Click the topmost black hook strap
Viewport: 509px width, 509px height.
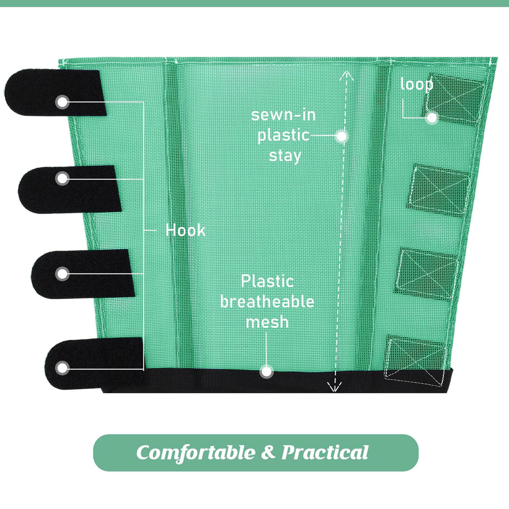pyautogui.click(x=56, y=92)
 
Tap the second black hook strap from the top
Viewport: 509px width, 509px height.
pyautogui.click(x=70, y=189)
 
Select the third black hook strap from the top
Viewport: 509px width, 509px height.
pyautogui.click(x=83, y=274)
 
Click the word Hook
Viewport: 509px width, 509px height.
pyautogui.click(x=185, y=230)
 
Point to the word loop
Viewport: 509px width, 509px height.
pyautogui.click(x=417, y=84)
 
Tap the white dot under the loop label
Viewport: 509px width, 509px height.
pyautogui.click(x=432, y=118)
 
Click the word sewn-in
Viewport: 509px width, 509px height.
pyautogui.click(x=283, y=115)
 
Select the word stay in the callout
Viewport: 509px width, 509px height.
pyautogui.click(x=285, y=156)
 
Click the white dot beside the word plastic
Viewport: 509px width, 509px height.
pyautogui.click(x=341, y=136)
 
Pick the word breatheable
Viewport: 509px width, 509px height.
pyautogui.click(x=267, y=302)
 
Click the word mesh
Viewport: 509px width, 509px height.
pyautogui.click(x=267, y=322)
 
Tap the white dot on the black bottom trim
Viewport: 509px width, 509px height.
pyautogui.click(x=266, y=372)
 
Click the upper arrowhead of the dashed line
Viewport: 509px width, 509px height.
pyautogui.click(x=346, y=75)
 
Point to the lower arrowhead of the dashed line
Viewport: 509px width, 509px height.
pyautogui.click(x=335, y=387)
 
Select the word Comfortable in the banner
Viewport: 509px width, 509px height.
pyautogui.click(x=196, y=453)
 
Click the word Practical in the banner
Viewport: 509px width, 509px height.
pyautogui.click(x=324, y=452)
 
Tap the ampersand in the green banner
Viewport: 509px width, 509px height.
pyautogui.click(x=268, y=452)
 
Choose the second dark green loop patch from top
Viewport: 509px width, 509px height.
pyautogui.click(x=438, y=191)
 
